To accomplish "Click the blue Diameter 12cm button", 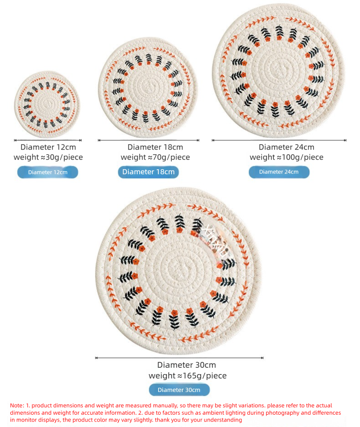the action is (x=47, y=172).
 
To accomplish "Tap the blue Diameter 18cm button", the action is (x=148, y=172).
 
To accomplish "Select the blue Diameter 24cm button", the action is (x=279, y=172).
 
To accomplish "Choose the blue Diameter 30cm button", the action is (x=179, y=390).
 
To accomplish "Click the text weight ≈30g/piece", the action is (x=48, y=157).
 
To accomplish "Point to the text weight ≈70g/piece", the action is (x=155, y=157).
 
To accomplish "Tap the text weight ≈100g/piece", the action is (x=287, y=157).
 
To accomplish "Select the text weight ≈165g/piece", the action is (x=187, y=375).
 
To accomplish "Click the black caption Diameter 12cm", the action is (x=48, y=147).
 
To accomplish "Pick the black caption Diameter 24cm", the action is (x=286, y=147).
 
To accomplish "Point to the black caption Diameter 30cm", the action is (x=186, y=365).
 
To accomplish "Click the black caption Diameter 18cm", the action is (x=155, y=147).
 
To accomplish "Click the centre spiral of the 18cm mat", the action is (x=148, y=87).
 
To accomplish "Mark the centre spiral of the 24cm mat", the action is (x=278, y=69).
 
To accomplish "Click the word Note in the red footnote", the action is (x=16, y=406).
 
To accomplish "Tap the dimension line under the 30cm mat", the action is (x=180, y=358).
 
